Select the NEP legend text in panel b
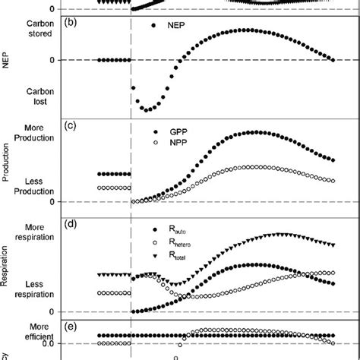172,27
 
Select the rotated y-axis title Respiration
7,268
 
